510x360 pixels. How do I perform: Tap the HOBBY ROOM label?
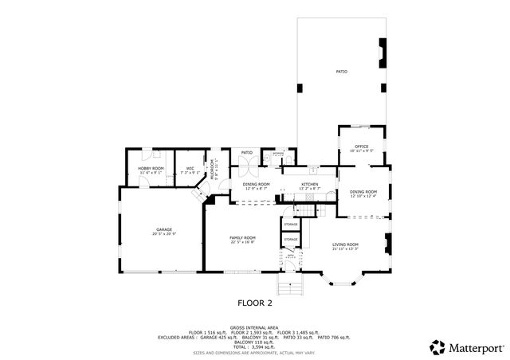(x=151, y=169)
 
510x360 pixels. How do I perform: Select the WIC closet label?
(x=190, y=169)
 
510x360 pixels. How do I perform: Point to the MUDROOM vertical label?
(x=213, y=170)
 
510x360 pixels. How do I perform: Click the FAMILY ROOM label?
(x=242, y=238)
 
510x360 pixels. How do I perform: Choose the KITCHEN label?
(x=309, y=185)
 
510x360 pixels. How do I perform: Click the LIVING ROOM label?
(x=345, y=246)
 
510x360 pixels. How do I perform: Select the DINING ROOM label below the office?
(x=363, y=193)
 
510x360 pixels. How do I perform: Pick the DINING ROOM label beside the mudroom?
(x=256, y=185)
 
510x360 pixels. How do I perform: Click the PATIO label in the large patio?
(x=340, y=72)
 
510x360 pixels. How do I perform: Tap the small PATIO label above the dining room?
(x=247, y=152)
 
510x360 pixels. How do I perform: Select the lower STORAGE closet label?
(x=291, y=239)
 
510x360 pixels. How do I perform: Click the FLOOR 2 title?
(x=255, y=303)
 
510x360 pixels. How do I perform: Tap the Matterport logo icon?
(x=437, y=347)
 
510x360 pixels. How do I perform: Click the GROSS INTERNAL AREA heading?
(x=255, y=327)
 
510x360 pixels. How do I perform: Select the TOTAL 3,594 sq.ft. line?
(x=255, y=346)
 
